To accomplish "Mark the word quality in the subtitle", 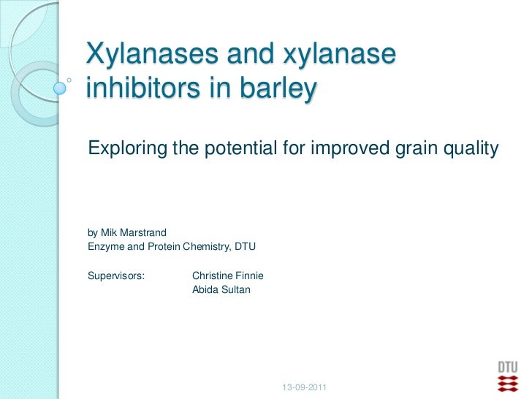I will click(x=471, y=149).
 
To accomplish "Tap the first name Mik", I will click(x=110, y=233).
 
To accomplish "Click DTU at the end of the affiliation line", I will click(x=245, y=247).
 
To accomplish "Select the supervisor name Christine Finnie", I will click(x=227, y=276).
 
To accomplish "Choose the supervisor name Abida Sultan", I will click(x=221, y=289).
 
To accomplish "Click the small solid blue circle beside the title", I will click(x=61, y=88).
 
